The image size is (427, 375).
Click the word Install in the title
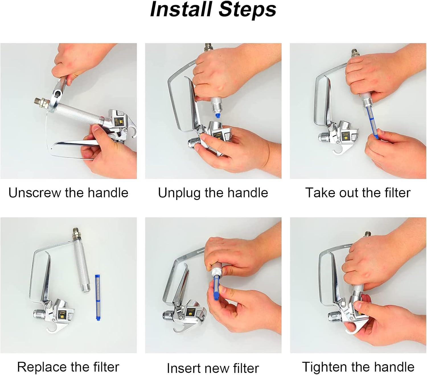click(181, 9)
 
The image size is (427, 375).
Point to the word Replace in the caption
click(42, 367)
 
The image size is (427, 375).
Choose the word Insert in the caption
click(183, 368)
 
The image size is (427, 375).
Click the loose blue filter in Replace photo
click(98, 297)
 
